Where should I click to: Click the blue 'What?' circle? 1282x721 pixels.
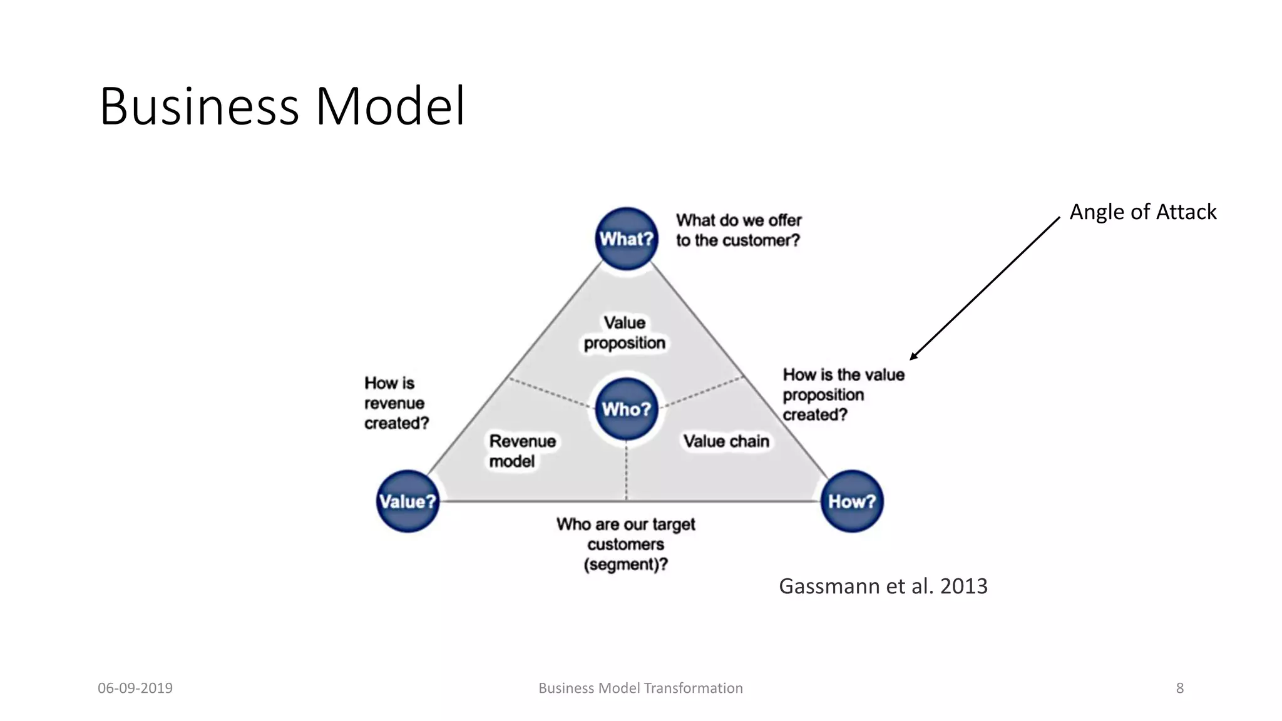[626, 238]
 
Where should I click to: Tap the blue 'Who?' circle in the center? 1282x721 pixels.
[626, 409]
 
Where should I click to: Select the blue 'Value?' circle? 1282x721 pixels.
[408, 501]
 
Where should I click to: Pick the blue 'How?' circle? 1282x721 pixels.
[851, 501]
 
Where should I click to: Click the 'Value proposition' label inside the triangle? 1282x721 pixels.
[624, 333]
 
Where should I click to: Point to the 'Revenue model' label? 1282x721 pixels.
[522, 451]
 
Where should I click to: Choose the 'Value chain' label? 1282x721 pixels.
[726, 441]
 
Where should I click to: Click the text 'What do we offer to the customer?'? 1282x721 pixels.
[739, 230]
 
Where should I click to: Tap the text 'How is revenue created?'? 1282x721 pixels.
[396, 403]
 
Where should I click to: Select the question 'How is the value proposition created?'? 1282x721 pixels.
[843, 394]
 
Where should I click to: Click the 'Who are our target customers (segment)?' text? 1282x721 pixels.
[626, 544]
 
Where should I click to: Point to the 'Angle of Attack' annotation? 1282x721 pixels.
[1142, 212]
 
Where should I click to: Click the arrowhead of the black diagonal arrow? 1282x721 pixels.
[913, 357]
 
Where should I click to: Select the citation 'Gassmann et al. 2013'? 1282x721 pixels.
[883, 586]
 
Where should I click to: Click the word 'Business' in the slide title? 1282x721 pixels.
[199, 106]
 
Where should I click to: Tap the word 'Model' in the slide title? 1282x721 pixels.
[390, 106]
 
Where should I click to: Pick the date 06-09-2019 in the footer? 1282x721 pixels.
[135, 688]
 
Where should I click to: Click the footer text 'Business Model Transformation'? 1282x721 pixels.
[640, 688]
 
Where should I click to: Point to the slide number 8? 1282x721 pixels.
[1179, 688]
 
